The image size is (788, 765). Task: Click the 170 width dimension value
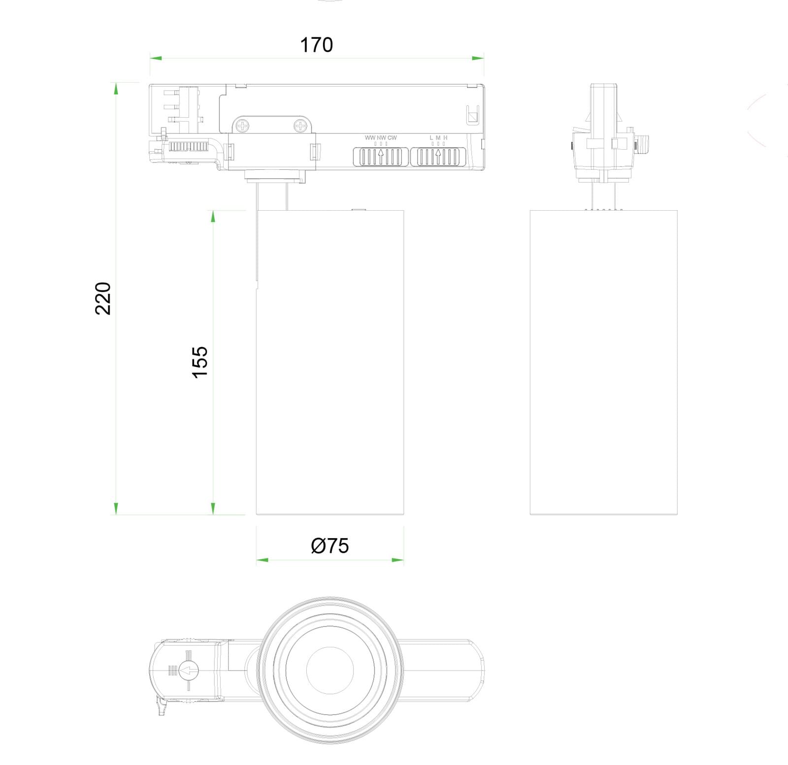tap(316, 45)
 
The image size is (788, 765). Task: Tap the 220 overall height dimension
tap(103, 298)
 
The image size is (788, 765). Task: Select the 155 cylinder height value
tap(200, 362)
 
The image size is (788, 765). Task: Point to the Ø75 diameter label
tap(330, 545)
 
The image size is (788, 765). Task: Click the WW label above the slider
tap(370, 138)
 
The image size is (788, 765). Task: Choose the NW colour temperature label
tap(381, 138)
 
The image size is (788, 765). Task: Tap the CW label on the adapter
tap(392, 138)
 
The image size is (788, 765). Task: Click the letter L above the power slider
tap(431, 138)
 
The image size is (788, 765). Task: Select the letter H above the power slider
tap(445, 138)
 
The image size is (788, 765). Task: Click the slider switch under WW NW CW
tap(381, 157)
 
